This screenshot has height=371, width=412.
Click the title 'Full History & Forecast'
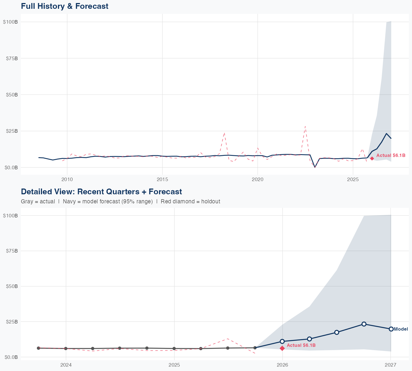tap(65, 6)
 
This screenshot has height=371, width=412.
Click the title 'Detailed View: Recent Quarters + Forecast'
tap(101, 192)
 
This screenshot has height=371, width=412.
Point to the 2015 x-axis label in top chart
tap(162, 179)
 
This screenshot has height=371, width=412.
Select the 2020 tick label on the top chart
tap(258, 179)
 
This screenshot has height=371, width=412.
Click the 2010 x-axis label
tap(67, 179)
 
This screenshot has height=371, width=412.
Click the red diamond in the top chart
tap(372, 158)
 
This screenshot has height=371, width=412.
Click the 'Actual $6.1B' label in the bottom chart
tap(301, 345)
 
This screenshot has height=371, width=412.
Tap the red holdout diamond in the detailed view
tap(282, 348)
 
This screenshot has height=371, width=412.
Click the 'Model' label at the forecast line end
tap(401, 329)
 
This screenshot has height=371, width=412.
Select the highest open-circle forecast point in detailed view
tap(364, 324)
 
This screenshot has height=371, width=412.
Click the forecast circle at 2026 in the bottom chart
tap(282, 341)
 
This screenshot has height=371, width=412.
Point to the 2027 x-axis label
tap(390, 365)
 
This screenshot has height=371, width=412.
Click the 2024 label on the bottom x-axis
tap(66, 365)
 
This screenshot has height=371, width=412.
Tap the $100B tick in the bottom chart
tap(10, 215)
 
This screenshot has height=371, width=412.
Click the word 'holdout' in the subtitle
tap(211, 201)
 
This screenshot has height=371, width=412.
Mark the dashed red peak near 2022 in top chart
tap(305, 126)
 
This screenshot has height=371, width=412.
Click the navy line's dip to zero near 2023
tap(315, 167)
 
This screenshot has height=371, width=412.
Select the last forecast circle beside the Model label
tap(391, 329)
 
